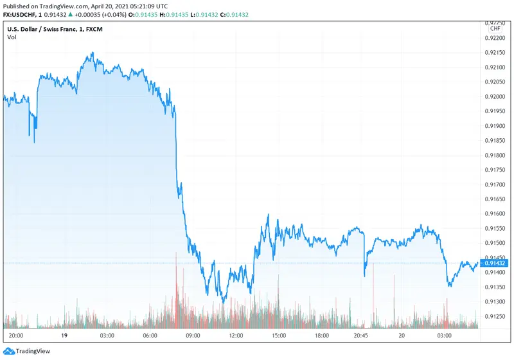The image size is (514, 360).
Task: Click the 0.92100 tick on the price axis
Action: click(x=495, y=67)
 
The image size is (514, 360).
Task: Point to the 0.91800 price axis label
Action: click(x=495, y=155)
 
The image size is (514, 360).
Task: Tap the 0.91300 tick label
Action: click(x=495, y=301)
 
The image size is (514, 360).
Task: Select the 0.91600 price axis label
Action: click(x=495, y=213)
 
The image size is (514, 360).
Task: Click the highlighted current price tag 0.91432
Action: click(x=495, y=263)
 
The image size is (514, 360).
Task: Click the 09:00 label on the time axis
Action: click(x=193, y=336)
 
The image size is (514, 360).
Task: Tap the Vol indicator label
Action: click(x=12, y=37)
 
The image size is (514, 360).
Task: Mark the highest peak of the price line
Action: click(x=92, y=53)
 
